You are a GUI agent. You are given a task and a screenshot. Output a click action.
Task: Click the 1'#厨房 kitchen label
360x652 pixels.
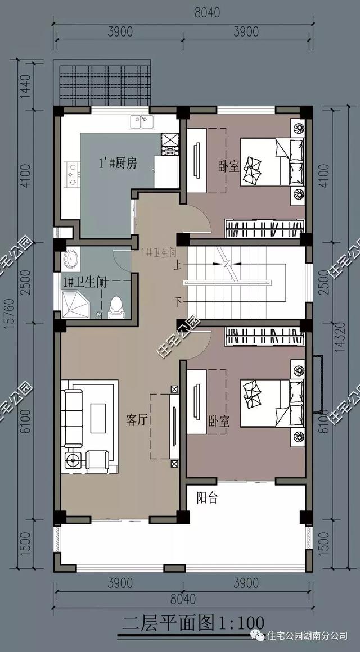pyautogui.click(x=118, y=163)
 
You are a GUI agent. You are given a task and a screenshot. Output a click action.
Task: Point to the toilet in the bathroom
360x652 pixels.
pyautogui.click(x=115, y=306)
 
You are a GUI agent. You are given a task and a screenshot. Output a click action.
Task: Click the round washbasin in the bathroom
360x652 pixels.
pyautogui.click(x=71, y=260)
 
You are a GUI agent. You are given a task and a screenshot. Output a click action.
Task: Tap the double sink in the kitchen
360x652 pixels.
pyautogui.click(x=142, y=121)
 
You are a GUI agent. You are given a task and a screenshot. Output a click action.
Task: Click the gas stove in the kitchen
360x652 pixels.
pyautogui.click(x=72, y=174)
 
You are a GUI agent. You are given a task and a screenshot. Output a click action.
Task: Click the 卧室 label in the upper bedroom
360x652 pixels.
pyautogui.click(x=228, y=166)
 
